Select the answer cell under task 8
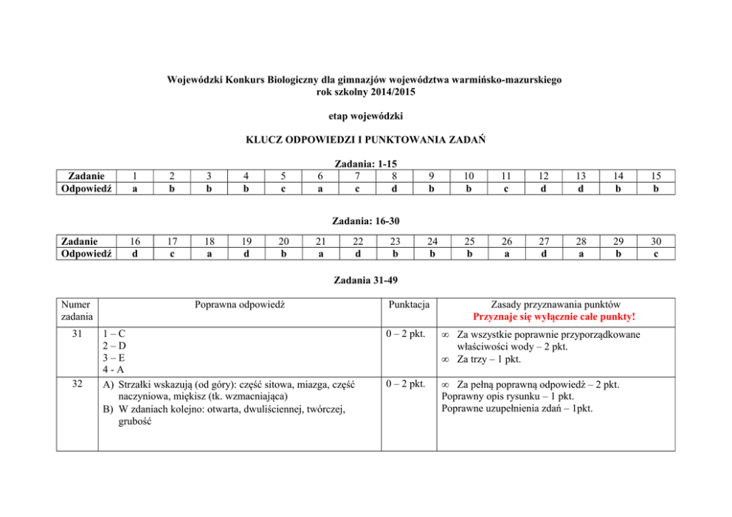click(x=395, y=188)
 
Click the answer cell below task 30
click(x=656, y=253)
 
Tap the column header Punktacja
click(x=409, y=305)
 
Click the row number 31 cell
click(x=77, y=334)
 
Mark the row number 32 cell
click(x=77, y=384)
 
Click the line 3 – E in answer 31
click(x=114, y=358)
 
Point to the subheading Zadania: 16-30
click(x=366, y=220)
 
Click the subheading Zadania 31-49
click(x=366, y=280)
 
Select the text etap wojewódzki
click(x=365, y=117)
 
